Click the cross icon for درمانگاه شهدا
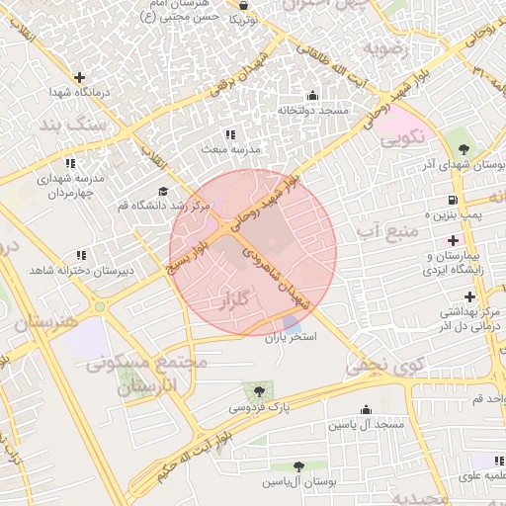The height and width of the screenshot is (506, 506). point(79,77)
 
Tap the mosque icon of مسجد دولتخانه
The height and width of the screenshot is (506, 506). point(313,96)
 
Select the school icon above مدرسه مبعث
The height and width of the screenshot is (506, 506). point(230,133)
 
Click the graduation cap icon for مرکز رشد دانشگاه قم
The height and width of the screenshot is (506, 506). point(163,192)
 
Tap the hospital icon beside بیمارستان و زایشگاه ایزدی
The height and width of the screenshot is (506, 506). point(454,240)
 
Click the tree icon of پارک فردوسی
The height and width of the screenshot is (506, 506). point(260,391)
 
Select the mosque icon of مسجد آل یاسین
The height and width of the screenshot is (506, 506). point(367,409)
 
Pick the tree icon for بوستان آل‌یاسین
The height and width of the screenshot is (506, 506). point(298,466)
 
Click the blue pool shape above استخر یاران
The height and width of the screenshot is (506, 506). point(292,324)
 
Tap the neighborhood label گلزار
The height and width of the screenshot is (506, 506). point(242,298)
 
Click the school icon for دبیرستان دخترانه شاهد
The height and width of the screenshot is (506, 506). point(80,255)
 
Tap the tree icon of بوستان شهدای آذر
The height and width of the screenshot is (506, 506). point(464,148)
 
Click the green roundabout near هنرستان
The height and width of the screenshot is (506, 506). point(99,307)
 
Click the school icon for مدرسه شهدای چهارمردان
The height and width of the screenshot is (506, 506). point(70,163)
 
